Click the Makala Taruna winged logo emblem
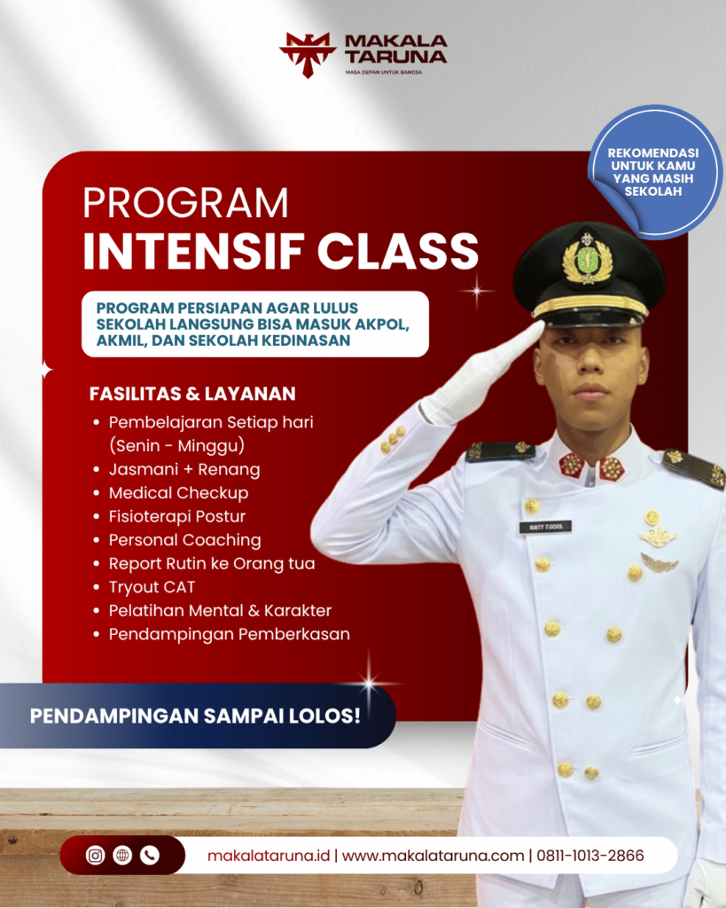point(307,53)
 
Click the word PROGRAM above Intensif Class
point(185,203)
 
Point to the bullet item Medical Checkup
point(178,493)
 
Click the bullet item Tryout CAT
point(152,587)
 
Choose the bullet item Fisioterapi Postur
point(177,516)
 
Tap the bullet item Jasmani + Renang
point(184,469)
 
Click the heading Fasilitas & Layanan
point(192,393)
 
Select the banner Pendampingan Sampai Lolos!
point(196,716)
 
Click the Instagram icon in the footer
point(96,856)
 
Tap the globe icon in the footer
point(122,856)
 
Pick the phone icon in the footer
point(149,856)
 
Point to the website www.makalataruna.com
point(433,857)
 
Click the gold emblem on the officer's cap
point(587,261)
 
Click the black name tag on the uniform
point(545,527)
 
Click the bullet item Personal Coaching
point(184,540)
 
